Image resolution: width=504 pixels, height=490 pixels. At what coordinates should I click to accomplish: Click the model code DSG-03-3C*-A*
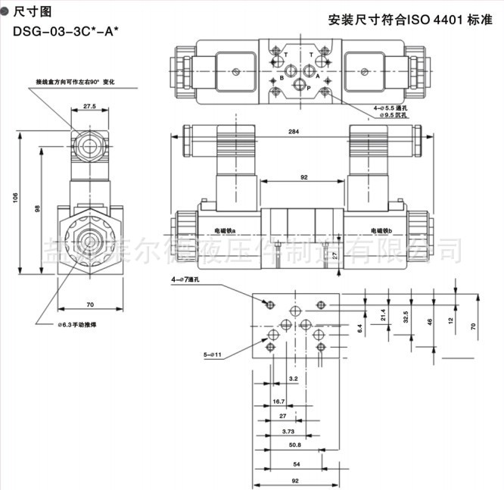[x=65, y=31]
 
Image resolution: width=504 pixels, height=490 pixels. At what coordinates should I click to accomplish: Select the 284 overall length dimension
[x=293, y=133]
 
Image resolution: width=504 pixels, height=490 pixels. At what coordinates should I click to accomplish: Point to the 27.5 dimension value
[x=89, y=107]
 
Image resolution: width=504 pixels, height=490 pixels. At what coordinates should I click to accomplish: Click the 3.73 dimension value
[x=288, y=431]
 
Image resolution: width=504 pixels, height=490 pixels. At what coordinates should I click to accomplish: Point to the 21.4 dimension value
[x=383, y=314]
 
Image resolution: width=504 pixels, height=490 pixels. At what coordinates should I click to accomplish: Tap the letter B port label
[x=282, y=77]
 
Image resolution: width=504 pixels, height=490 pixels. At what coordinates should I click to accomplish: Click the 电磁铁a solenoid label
[x=225, y=230]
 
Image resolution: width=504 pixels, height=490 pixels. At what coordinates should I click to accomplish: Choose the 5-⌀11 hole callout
[x=210, y=354]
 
